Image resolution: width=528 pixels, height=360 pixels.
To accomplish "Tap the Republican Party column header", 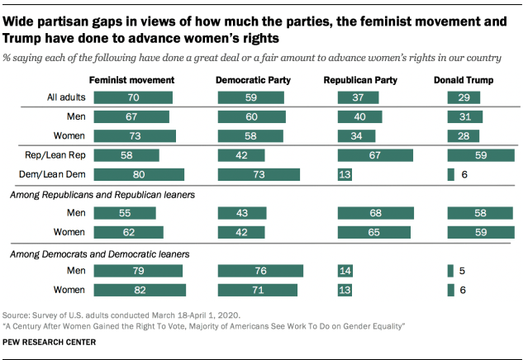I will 361,80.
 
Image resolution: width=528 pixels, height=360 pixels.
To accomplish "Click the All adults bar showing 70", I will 134,97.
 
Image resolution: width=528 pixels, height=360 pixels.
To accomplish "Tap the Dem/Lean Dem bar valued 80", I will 139,174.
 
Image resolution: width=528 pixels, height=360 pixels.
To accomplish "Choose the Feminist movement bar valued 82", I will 140,289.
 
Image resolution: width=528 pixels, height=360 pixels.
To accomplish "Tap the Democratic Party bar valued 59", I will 250,97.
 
